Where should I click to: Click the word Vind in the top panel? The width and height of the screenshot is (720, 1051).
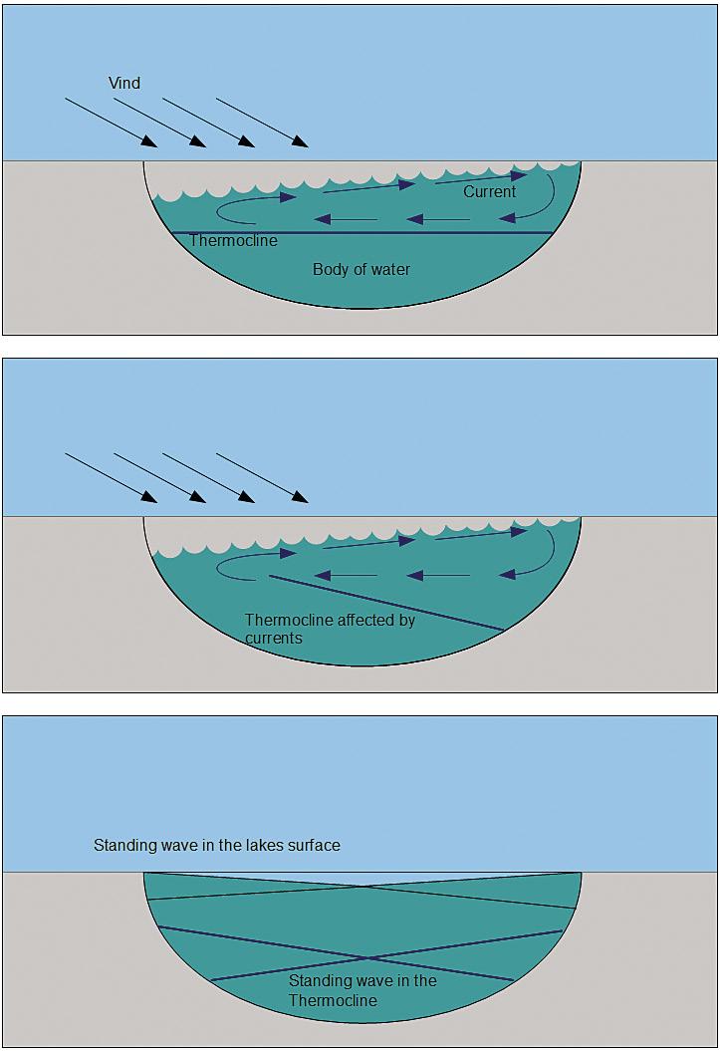point(124,83)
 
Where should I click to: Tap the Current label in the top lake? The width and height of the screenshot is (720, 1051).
point(489,191)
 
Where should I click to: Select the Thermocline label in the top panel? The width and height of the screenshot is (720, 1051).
point(233,240)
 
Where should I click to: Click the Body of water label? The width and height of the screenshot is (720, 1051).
point(361,269)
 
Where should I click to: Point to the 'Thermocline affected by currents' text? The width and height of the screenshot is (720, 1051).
point(330,629)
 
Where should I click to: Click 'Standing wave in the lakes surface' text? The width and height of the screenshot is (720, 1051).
point(217,845)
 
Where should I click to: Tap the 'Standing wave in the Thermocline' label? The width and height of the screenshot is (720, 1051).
point(362,990)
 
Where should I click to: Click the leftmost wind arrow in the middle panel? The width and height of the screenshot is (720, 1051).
point(110,477)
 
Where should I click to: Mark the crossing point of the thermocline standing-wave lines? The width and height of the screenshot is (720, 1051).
point(360,959)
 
